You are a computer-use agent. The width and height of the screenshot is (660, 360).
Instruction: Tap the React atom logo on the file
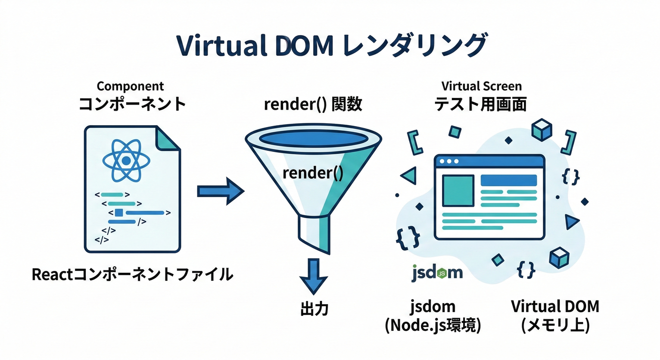pyautogui.click(x=125, y=161)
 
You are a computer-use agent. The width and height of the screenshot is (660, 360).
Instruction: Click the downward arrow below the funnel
pyautogui.click(x=313, y=277)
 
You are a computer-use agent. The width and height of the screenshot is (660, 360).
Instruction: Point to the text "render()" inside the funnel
pyautogui.click(x=313, y=173)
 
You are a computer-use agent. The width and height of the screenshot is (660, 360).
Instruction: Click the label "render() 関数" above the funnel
pyautogui.click(x=313, y=104)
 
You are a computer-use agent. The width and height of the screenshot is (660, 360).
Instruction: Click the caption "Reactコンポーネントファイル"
pyautogui.click(x=132, y=274)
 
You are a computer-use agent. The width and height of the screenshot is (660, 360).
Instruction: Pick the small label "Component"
pyautogui.click(x=130, y=86)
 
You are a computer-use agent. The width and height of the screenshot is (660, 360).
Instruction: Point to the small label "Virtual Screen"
pyautogui.click(x=481, y=86)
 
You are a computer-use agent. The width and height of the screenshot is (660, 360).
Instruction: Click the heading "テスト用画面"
pyautogui.click(x=481, y=104)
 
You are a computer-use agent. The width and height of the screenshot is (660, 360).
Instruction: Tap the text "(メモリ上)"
pyautogui.click(x=555, y=325)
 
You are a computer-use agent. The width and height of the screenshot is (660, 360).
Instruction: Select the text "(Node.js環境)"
pyautogui.click(x=433, y=325)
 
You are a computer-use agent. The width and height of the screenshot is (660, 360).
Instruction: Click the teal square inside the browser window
pyautogui.click(x=457, y=190)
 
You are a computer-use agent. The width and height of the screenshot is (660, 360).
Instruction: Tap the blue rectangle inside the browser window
pyautogui.click(x=509, y=180)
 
